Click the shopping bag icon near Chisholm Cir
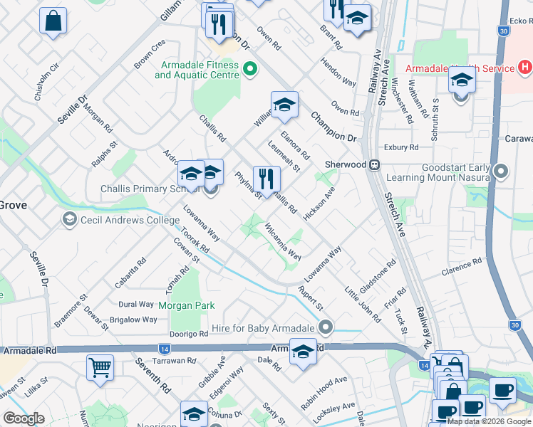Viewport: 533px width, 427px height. coord(53,21)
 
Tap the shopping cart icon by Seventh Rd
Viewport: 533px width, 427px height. coord(100,368)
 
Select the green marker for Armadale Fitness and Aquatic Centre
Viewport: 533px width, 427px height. coord(249,69)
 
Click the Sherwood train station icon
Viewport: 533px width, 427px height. coord(373,164)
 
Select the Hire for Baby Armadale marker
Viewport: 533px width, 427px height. coord(326,328)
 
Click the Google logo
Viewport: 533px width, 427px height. coord(24,418)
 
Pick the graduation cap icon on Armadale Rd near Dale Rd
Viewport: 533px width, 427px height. coord(304,353)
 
